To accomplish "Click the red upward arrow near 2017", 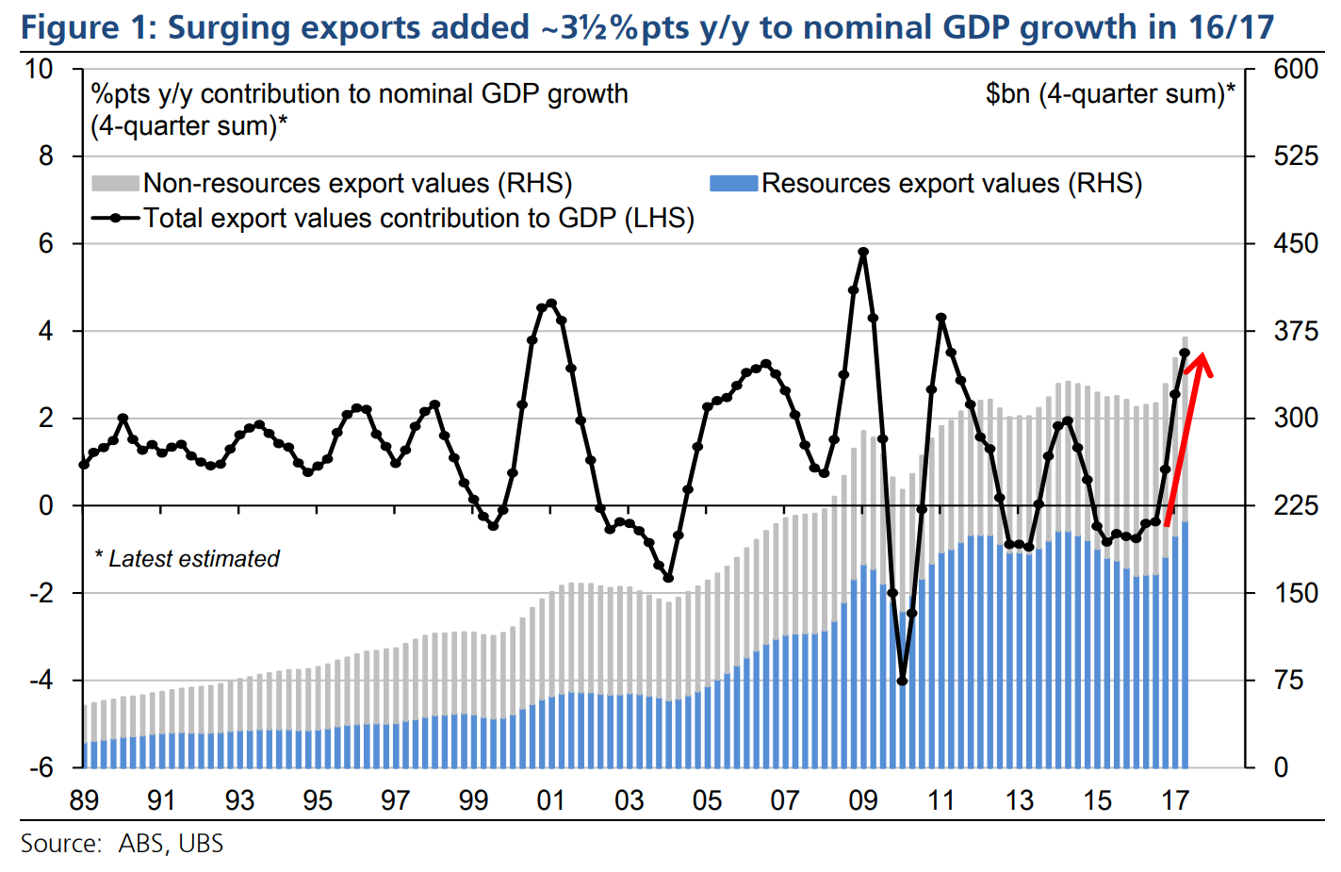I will (1186, 438).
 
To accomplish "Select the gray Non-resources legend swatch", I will (115, 183).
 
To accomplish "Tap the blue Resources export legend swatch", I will (734, 183).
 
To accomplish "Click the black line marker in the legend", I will (116, 219).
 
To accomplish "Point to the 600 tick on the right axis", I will (1295, 69).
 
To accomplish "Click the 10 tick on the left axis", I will (39, 69).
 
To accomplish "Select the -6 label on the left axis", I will (39, 767).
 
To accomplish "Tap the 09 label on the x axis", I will (863, 801).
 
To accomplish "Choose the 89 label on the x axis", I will (84, 801).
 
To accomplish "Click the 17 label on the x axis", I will (1175, 801).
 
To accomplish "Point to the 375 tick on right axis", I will (1295, 331).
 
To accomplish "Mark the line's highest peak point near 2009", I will (863, 253).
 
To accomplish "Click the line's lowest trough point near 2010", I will (902, 681).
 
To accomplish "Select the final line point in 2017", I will (1185, 354).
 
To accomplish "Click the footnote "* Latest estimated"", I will (188, 559).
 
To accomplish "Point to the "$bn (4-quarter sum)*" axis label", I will (1110, 94).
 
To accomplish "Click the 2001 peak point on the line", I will (551, 304).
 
